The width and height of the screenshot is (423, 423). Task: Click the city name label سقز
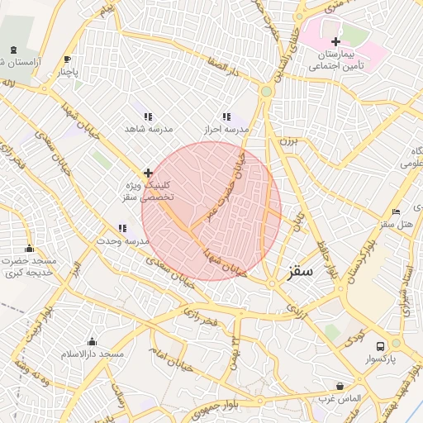(x=301, y=271)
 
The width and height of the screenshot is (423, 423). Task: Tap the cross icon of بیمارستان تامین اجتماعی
(x=335, y=41)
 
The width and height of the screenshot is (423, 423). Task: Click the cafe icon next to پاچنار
(x=67, y=59)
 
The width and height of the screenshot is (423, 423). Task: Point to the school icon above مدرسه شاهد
(x=147, y=116)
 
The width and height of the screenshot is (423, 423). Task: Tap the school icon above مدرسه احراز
(x=227, y=116)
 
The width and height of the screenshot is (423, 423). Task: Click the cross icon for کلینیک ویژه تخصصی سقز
(x=148, y=173)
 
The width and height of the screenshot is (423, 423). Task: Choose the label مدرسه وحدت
(x=122, y=240)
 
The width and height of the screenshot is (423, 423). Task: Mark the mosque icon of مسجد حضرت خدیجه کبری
(x=30, y=249)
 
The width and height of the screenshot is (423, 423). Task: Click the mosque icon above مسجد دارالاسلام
(x=91, y=342)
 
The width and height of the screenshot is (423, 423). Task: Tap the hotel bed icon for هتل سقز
(x=396, y=211)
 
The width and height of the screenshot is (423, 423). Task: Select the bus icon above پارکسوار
(x=380, y=346)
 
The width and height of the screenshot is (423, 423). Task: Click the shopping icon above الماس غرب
(x=340, y=386)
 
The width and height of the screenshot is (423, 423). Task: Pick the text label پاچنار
(x=69, y=72)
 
